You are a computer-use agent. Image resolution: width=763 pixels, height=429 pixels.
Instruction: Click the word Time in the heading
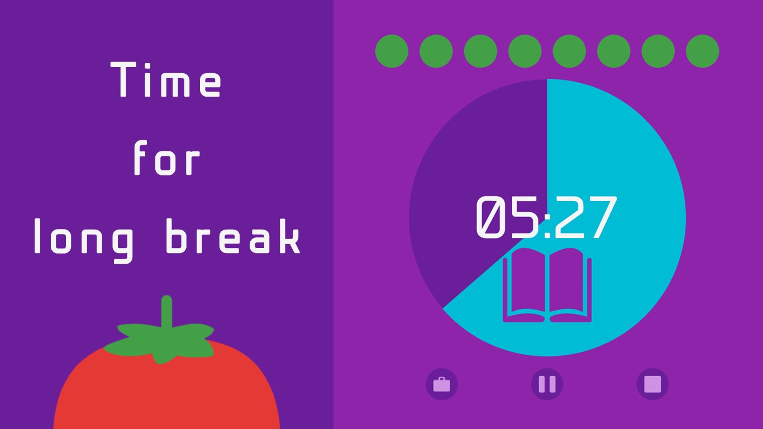[x=166, y=79]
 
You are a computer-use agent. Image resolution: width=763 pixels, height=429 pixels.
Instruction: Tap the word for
[x=166, y=158]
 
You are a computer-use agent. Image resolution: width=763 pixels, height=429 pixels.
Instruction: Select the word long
[x=84, y=241]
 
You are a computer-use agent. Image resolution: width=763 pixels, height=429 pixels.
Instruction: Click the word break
[x=233, y=236]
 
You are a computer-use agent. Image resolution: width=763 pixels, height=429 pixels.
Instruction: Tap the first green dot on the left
[x=392, y=51]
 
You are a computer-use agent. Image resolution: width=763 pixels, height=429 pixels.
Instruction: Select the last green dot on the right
[x=702, y=51]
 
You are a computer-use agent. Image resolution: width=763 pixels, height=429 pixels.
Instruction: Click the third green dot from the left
[x=480, y=51]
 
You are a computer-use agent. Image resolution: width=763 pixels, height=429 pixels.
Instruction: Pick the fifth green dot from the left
[x=569, y=51]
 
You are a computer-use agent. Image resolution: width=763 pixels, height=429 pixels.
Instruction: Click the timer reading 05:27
[x=546, y=217]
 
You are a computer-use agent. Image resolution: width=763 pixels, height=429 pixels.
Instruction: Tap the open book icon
[x=547, y=285]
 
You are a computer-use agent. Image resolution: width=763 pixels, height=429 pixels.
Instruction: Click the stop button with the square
[x=652, y=384]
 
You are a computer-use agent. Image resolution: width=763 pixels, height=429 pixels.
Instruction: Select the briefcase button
[x=441, y=384]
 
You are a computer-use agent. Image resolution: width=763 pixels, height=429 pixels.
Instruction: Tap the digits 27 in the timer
[x=586, y=217]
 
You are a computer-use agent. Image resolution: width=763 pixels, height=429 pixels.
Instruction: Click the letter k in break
[x=289, y=236]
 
